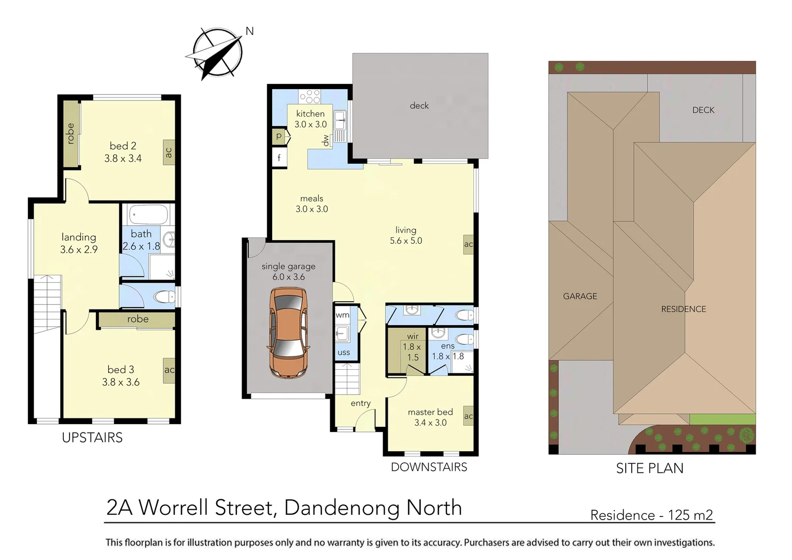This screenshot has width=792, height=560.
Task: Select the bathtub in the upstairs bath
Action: (148, 214)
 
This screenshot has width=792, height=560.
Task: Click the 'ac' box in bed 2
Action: (168, 152)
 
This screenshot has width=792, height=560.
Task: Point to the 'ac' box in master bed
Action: (468, 416)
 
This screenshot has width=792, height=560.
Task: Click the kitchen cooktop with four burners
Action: (309, 96)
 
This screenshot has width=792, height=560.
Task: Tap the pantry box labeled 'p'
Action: (279, 136)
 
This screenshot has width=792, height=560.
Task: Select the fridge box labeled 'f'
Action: (279, 158)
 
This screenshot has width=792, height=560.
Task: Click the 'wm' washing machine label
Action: (343, 315)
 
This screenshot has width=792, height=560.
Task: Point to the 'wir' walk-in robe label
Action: (413, 336)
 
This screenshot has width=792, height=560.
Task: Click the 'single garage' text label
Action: (288, 266)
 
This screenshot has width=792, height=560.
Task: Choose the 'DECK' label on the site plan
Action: (703, 110)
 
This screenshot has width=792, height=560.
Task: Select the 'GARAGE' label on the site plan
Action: (580, 296)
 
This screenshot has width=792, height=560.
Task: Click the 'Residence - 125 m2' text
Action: (652, 515)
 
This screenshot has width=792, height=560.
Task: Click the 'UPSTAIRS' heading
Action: (92, 438)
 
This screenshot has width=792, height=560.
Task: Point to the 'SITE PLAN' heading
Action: (649, 468)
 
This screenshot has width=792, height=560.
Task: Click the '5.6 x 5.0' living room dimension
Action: (406, 241)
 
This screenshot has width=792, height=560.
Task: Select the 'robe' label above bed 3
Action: (138, 319)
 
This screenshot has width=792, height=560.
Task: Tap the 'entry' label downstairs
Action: (360, 403)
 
